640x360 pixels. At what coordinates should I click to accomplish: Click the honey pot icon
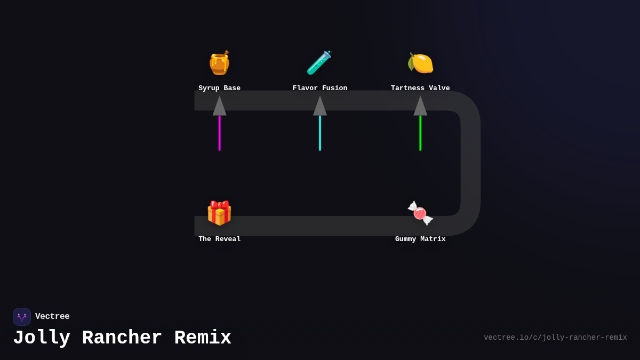coord(219,63)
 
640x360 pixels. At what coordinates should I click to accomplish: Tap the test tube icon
coord(319,63)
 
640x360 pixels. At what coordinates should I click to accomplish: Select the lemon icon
coord(420,63)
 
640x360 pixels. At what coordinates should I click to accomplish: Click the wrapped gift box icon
coord(219,213)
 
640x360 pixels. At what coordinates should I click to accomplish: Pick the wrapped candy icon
coord(420,213)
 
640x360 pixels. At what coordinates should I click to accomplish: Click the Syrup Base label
coord(219,88)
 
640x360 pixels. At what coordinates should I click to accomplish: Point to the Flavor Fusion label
coord(319,88)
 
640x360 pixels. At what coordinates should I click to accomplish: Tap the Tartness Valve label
coord(420,88)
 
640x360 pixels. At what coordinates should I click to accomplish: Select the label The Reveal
coord(219,239)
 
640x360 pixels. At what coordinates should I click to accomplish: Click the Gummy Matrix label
coord(420,239)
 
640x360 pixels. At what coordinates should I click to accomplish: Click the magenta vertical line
coord(219,133)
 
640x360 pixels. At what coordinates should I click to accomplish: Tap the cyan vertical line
coord(320,133)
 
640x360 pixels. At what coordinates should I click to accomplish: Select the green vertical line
coord(420,133)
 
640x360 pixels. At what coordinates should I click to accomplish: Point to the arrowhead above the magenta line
coord(219,107)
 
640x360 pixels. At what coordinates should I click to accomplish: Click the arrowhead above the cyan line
coord(320,107)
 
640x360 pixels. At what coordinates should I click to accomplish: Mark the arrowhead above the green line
coord(420,107)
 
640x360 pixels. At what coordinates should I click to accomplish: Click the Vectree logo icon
coord(22,317)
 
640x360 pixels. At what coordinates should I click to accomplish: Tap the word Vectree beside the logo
coord(52,317)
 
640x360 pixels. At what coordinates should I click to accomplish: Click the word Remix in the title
coord(203,338)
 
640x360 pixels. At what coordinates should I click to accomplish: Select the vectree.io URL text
coord(555,338)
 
